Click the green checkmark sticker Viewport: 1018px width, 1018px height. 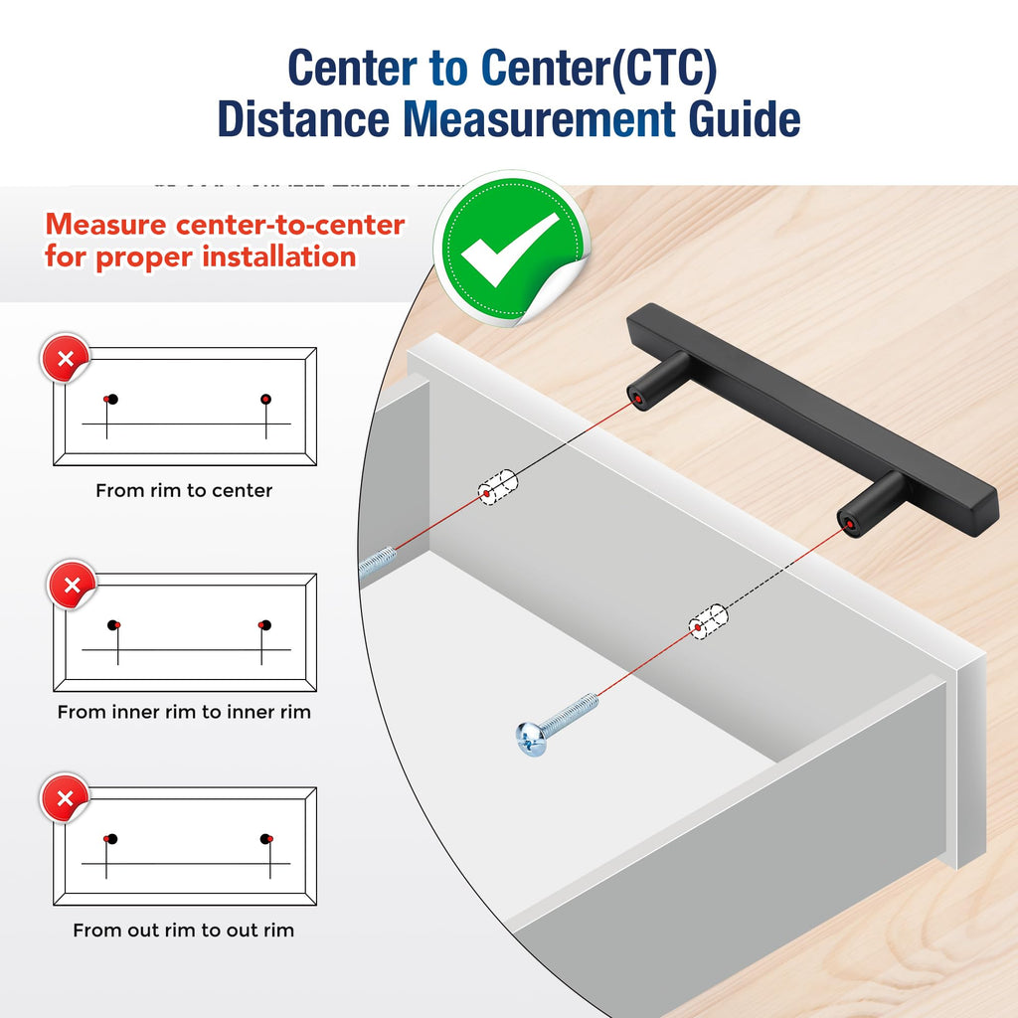(512, 248)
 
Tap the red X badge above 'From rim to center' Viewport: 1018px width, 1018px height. (65, 358)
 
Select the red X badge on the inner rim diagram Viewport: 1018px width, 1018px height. (72, 585)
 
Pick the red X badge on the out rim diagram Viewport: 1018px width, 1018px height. (65, 798)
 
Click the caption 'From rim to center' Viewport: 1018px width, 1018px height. (184, 490)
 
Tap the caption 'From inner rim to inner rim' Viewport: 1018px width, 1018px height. (184, 712)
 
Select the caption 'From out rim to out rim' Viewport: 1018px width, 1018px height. (183, 931)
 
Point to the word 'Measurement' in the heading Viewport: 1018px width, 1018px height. (540, 119)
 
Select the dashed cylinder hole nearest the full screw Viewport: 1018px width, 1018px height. (708, 622)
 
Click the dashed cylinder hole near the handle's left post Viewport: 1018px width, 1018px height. (498, 487)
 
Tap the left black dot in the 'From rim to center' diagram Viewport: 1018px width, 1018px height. (112, 400)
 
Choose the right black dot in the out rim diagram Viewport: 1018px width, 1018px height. (264, 839)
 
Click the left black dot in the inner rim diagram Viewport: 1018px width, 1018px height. (113, 625)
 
